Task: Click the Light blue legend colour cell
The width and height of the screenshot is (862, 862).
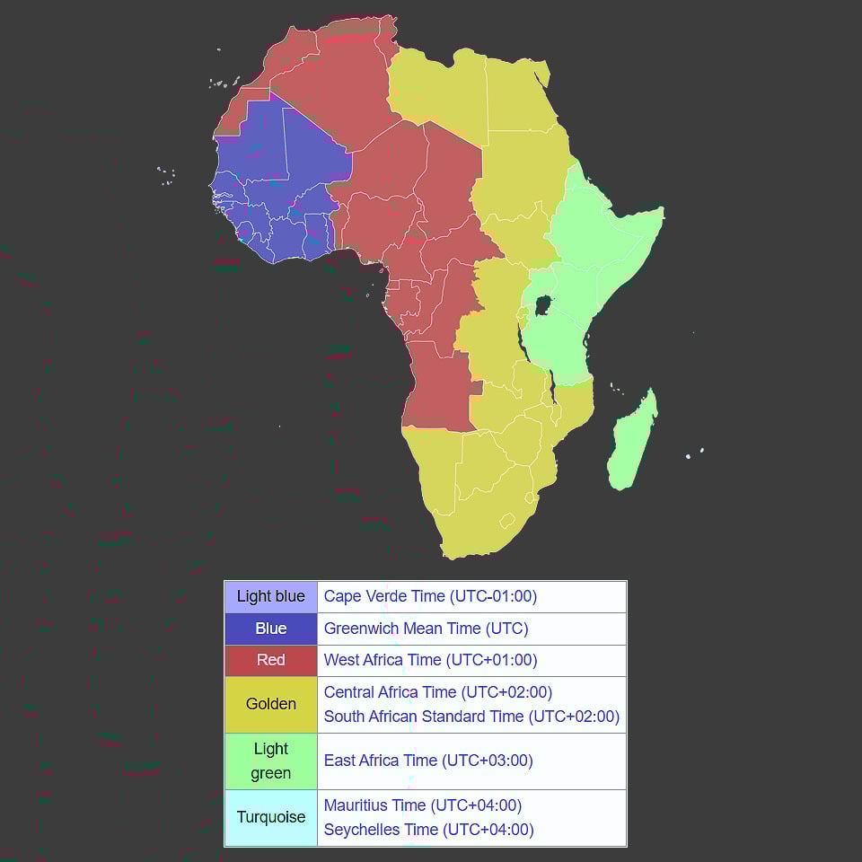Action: coord(270,597)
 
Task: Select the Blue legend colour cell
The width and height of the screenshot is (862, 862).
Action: coord(270,629)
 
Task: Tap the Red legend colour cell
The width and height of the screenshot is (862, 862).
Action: coord(270,660)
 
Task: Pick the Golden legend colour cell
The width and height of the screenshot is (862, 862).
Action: coord(270,705)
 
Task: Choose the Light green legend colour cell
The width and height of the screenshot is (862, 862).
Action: coord(270,761)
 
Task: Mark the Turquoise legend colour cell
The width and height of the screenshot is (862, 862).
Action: coord(270,817)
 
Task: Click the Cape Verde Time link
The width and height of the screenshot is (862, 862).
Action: coord(430,596)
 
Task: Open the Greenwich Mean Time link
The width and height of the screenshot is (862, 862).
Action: coord(426,629)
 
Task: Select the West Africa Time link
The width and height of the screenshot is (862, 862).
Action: coord(430,660)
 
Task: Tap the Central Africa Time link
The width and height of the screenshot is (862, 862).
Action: coord(437,692)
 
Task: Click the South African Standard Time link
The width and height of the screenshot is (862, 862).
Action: coord(471,717)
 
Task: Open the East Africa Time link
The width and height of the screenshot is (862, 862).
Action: coord(428,761)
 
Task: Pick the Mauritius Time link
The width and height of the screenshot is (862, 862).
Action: coord(422,805)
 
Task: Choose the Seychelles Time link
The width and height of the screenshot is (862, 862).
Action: coord(428,830)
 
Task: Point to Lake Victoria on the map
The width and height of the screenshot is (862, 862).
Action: coord(542,306)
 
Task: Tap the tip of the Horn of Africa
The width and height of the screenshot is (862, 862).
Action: coord(662,212)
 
